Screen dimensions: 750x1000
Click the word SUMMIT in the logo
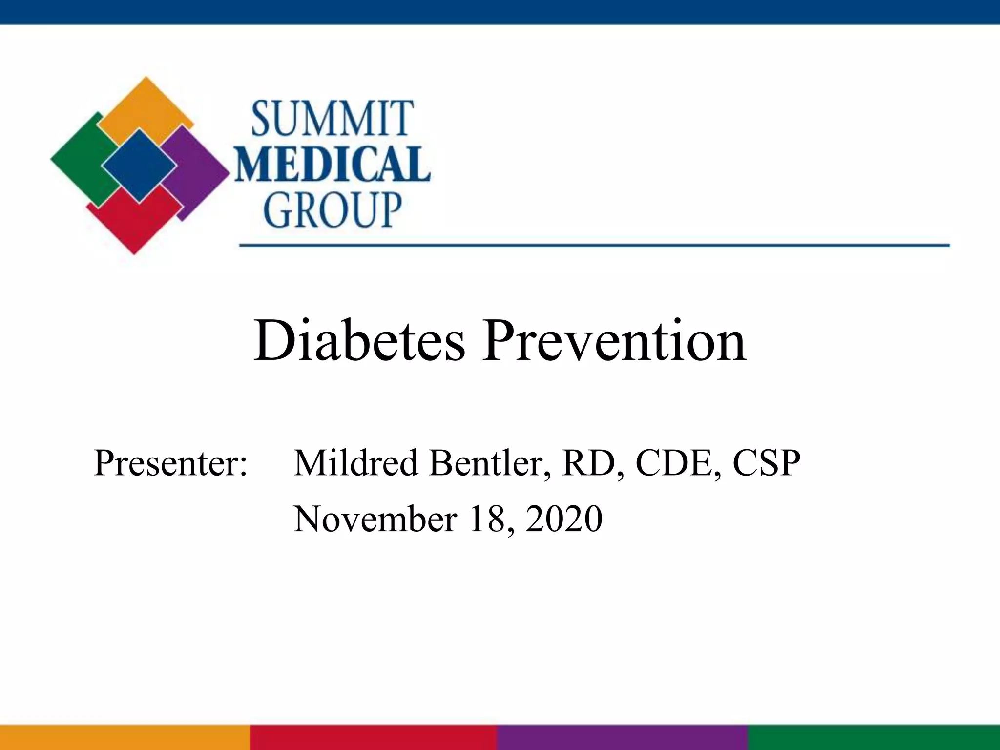333,119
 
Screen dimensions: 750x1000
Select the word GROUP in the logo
333,210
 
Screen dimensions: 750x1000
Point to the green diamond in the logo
81,159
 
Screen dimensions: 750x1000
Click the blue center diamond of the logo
139,166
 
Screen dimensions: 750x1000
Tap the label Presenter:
170,462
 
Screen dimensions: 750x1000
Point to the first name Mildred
355,462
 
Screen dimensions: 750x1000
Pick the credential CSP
766,462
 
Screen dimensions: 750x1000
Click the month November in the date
375,519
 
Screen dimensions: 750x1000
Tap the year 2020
564,519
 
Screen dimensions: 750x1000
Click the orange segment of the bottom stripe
125,737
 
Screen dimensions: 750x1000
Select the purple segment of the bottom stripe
623,737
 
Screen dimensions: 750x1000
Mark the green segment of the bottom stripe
874,737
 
